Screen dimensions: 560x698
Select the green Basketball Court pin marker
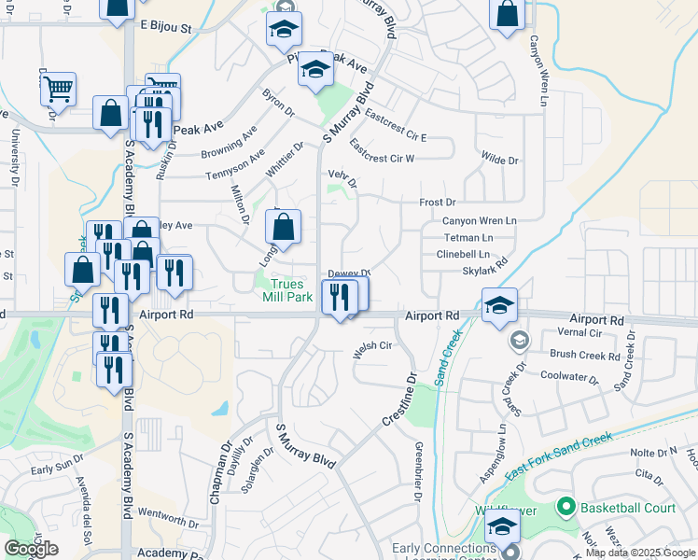(564, 508)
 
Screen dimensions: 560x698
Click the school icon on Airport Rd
(499, 305)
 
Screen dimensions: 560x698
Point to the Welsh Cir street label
(370, 346)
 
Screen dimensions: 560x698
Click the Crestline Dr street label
(398, 401)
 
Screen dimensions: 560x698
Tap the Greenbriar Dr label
(419, 471)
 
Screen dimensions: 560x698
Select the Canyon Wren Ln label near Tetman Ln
(479, 221)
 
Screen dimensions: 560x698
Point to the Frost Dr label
(437, 203)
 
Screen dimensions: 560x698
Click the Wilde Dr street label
(499, 161)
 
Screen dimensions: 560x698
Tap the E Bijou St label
(165, 29)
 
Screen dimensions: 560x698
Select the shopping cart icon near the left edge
(58, 90)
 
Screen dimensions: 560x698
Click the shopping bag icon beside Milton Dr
(283, 227)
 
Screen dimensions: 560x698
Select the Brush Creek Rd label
(585, 356)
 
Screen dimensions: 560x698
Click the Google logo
(32, 549)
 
